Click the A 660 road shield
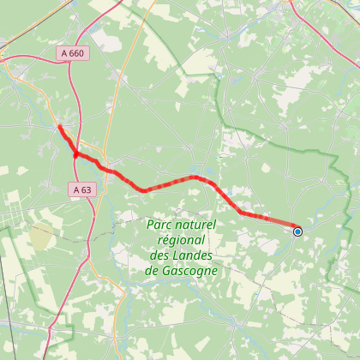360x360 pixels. tap(72, 53)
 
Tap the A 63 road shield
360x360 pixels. tap(82, 189)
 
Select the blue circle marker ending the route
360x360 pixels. tap(297, 231)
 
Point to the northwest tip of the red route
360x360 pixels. tap(59, 128)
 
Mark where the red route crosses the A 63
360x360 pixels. tap(76, 155)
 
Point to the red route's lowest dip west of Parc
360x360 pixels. tap(144, 190)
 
